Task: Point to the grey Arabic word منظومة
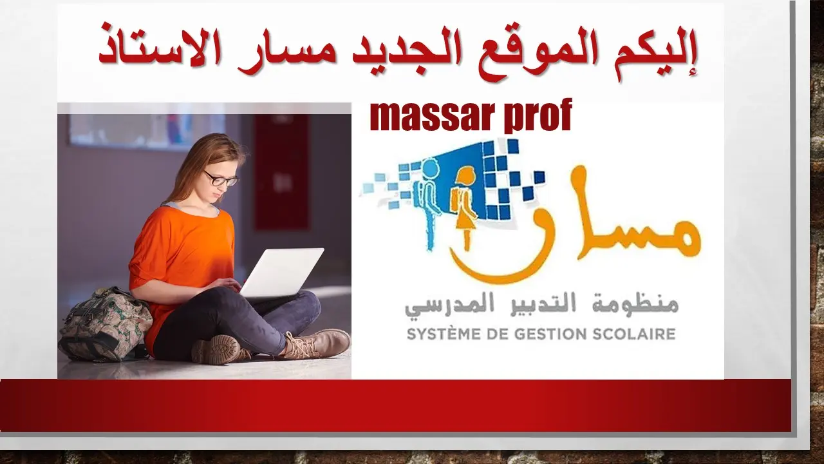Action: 640,304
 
